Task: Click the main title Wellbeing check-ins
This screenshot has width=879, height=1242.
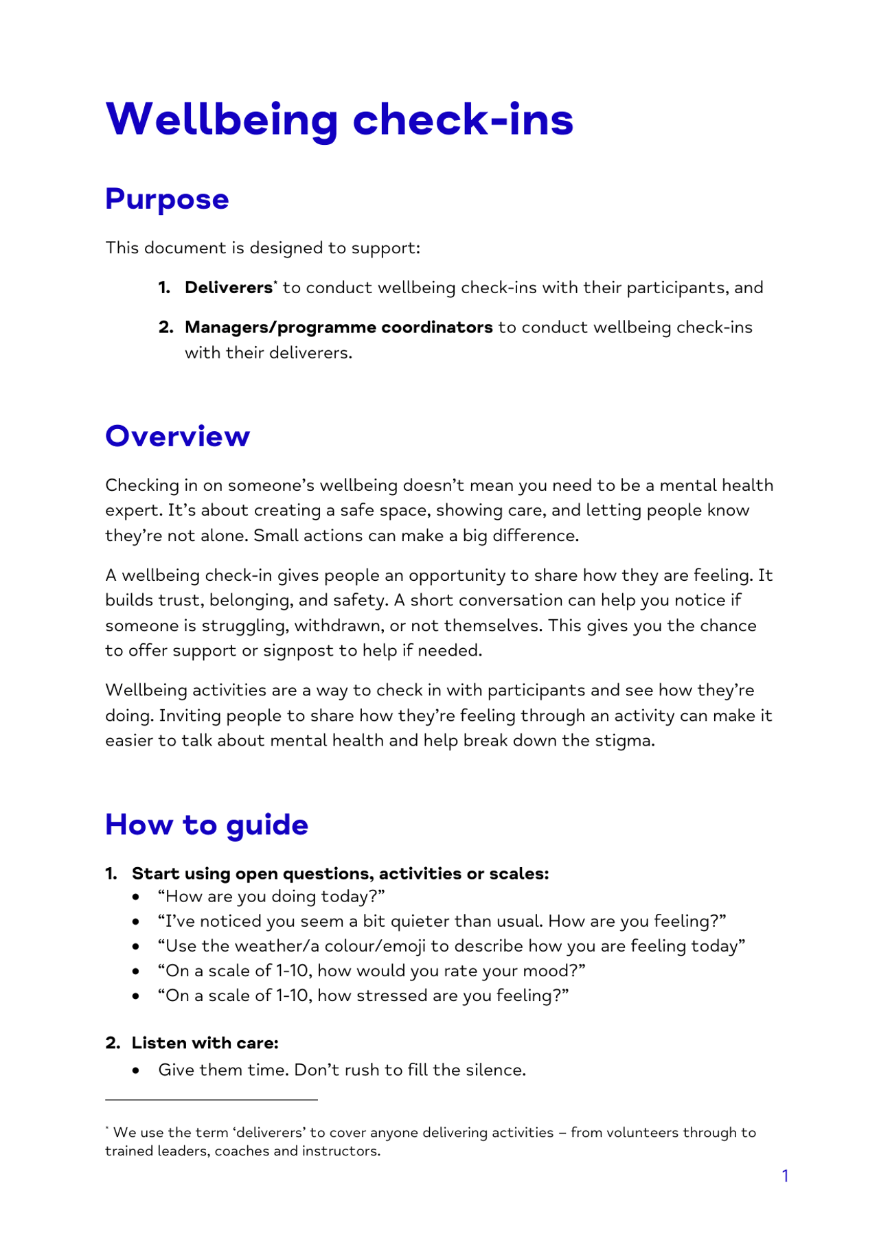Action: click(339, 119)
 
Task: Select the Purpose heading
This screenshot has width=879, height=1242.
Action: click(167, 199)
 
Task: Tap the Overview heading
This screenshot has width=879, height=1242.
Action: click(177, 436)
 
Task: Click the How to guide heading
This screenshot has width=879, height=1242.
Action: click(207, 825)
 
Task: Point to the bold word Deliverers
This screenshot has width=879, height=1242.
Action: click(228, 288)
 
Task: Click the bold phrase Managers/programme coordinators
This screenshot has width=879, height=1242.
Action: click(339, 327)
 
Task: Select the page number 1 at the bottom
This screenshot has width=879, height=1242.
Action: click(785, 1176)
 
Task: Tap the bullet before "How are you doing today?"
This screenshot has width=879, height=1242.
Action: click(137, 897)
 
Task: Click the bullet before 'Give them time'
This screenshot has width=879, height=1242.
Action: click(137, 1070)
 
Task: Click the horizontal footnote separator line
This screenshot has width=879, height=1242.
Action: click(211, 1100)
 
